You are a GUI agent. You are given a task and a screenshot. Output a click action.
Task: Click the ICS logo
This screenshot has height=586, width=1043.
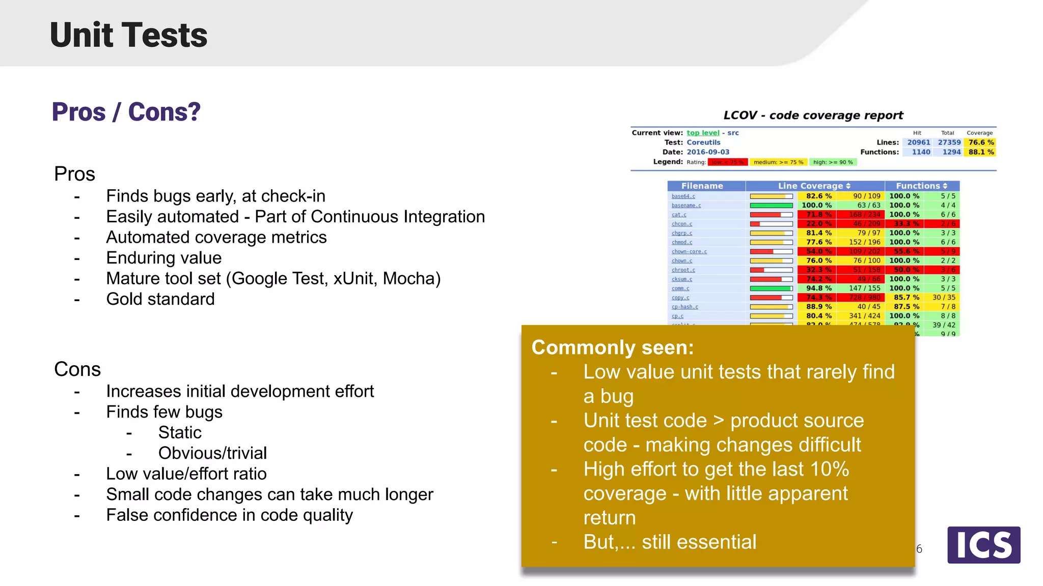coord(983,545)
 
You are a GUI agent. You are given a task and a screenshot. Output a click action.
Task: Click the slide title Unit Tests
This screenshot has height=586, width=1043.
coord(128,35)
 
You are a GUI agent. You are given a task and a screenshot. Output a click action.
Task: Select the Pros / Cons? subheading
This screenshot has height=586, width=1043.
coord(126,112)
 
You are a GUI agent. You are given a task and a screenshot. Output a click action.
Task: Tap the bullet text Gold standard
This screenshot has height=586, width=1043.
coord(160,299)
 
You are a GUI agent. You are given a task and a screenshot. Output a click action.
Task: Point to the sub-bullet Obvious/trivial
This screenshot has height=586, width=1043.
coord(212,453)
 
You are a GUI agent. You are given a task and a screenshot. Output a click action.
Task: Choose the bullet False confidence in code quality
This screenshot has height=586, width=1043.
coord(229,515)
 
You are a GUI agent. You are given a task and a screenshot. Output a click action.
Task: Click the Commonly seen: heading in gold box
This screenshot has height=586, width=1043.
coord(613,347)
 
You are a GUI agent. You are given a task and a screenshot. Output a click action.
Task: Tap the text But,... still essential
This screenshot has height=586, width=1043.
coord(670,542)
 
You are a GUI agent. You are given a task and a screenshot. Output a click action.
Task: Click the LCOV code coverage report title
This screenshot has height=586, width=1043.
coord(813,115)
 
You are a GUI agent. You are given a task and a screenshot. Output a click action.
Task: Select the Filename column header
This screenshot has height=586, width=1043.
coord(702,186)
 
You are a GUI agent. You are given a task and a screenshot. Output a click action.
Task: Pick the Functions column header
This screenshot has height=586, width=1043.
coord(921,186)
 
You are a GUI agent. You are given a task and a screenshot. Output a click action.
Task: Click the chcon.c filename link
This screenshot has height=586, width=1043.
coord(681,224)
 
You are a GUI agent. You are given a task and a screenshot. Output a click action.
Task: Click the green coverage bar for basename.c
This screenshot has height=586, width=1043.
coord(771,206)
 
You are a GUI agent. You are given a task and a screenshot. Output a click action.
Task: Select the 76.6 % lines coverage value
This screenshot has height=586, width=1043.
coord(981,142)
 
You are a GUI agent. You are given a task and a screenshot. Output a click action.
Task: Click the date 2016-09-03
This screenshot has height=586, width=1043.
coord(708,152)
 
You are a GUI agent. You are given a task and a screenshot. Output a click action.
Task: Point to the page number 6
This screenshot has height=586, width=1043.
coord(919,549)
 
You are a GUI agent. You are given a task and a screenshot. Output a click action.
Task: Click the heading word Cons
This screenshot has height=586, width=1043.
coord(77,369)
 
